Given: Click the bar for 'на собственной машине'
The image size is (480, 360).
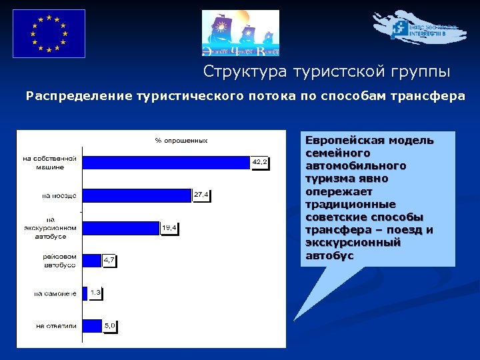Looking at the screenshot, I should coord(165,163).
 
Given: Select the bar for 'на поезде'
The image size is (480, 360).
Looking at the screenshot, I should coord(136,195).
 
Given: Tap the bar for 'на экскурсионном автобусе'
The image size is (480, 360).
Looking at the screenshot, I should coord(120,228).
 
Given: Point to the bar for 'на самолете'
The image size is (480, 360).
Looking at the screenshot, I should coord(85,293).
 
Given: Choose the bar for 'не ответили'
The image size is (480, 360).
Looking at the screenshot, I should coord(91,325).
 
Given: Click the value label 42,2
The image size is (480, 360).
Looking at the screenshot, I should coord(259,162).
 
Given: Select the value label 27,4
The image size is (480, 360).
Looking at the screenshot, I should coord(201,195).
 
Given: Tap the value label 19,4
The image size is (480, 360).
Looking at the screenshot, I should coord(169,227).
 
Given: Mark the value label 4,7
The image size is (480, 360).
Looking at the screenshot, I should coord(109,261).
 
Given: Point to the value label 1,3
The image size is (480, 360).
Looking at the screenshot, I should coord(96,293).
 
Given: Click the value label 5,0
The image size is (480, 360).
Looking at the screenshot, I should coord(110,325).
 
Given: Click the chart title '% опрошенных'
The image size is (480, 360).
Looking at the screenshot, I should coord(181,140).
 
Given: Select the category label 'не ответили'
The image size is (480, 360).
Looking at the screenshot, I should coord(57,326).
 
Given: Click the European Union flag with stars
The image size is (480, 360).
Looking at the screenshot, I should coord(49,33).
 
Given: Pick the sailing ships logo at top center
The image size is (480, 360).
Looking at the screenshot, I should coord(241,33).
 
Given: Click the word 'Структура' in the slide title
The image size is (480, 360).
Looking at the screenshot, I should coord(235,71).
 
